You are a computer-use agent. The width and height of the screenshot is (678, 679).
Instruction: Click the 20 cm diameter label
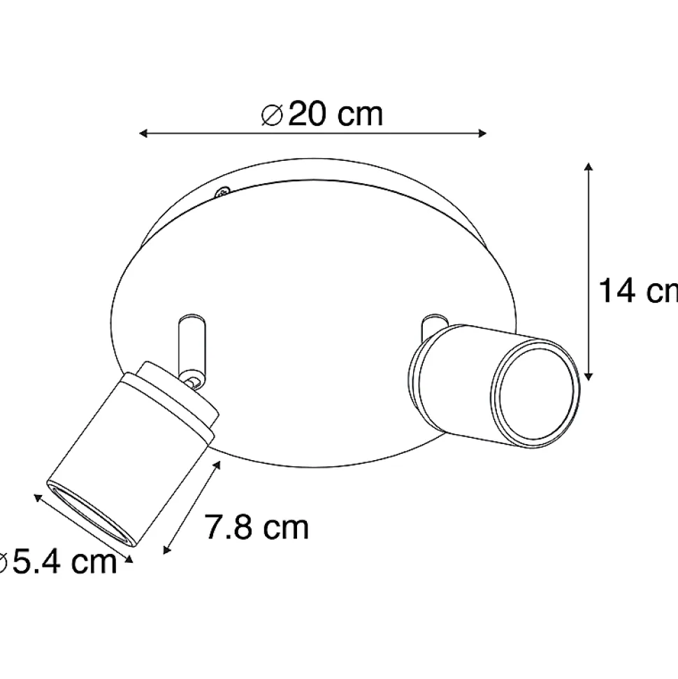322,115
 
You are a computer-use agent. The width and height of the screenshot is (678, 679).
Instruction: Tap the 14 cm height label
638,291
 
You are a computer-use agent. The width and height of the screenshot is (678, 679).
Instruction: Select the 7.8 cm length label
257,527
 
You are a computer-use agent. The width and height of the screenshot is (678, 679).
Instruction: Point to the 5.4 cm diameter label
59,562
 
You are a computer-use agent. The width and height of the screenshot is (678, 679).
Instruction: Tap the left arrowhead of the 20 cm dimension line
143,134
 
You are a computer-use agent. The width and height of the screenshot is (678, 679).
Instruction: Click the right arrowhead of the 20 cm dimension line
482,134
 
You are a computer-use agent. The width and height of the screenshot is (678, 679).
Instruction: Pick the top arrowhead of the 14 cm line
588,167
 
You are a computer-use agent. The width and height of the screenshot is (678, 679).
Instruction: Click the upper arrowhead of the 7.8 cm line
217,466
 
